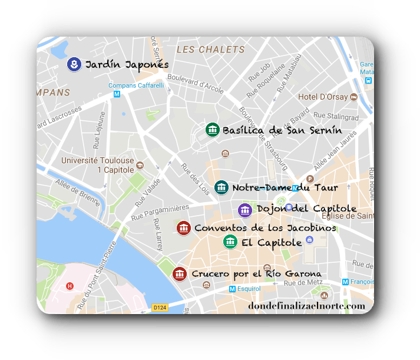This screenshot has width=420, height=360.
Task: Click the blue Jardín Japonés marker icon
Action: [x=74, y=64]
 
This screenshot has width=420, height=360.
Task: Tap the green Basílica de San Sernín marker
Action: [x=212, y=130]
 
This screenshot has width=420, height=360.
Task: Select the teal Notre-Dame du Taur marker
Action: [x=221, y=187]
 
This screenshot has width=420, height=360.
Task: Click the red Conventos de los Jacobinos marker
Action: [x=183, y=227]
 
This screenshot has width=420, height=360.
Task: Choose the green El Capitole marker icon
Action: [x=230, y=242]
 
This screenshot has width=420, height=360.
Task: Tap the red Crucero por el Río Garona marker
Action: [x=180, y=273]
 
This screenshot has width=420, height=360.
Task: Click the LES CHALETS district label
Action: [x=210, y=49]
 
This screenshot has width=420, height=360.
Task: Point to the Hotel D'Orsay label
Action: [x=323, y=97]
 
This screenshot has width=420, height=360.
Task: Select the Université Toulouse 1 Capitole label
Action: [x=97, y=166]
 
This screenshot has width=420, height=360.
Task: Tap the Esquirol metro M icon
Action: [x=232, y=289]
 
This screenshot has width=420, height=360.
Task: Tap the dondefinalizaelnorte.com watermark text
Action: [x=307, y=306]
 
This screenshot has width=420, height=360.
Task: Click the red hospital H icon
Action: [x=70, y=286]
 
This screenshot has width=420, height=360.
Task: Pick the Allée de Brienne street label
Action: [x=78, y=192]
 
